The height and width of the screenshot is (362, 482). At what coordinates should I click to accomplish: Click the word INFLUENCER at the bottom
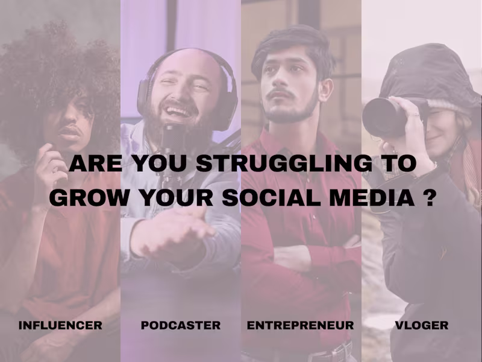coord(60,325)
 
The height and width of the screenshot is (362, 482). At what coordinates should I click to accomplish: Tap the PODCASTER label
coord(181,325)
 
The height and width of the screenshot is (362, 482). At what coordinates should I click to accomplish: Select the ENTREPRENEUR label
coord(300,325)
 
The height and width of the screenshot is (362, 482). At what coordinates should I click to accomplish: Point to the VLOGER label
coord(422,325)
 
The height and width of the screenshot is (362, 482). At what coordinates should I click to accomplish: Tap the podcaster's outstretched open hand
coord(175,232)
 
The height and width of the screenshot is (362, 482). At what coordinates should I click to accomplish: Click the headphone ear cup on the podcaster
coord(145,97)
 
